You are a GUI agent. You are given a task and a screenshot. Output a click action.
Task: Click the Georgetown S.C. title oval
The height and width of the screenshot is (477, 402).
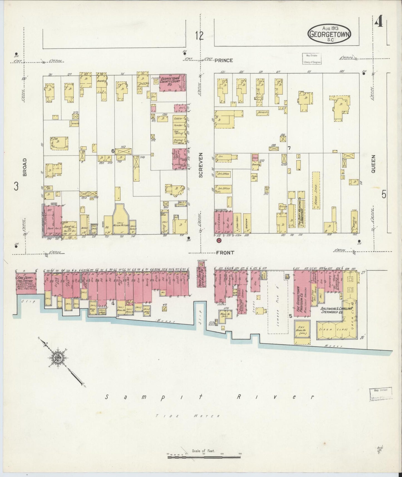(x=329, y=34)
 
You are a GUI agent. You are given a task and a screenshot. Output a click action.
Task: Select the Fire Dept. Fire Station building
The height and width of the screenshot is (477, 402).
(x=27, y=283)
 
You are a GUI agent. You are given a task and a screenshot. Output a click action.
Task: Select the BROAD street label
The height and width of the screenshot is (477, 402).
(x=24, y=167)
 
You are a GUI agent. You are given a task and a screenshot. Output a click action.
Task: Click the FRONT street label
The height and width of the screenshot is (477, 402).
(x=225, y=253)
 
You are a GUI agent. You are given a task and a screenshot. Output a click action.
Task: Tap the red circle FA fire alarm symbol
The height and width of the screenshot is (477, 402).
(x=219, y=240)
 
